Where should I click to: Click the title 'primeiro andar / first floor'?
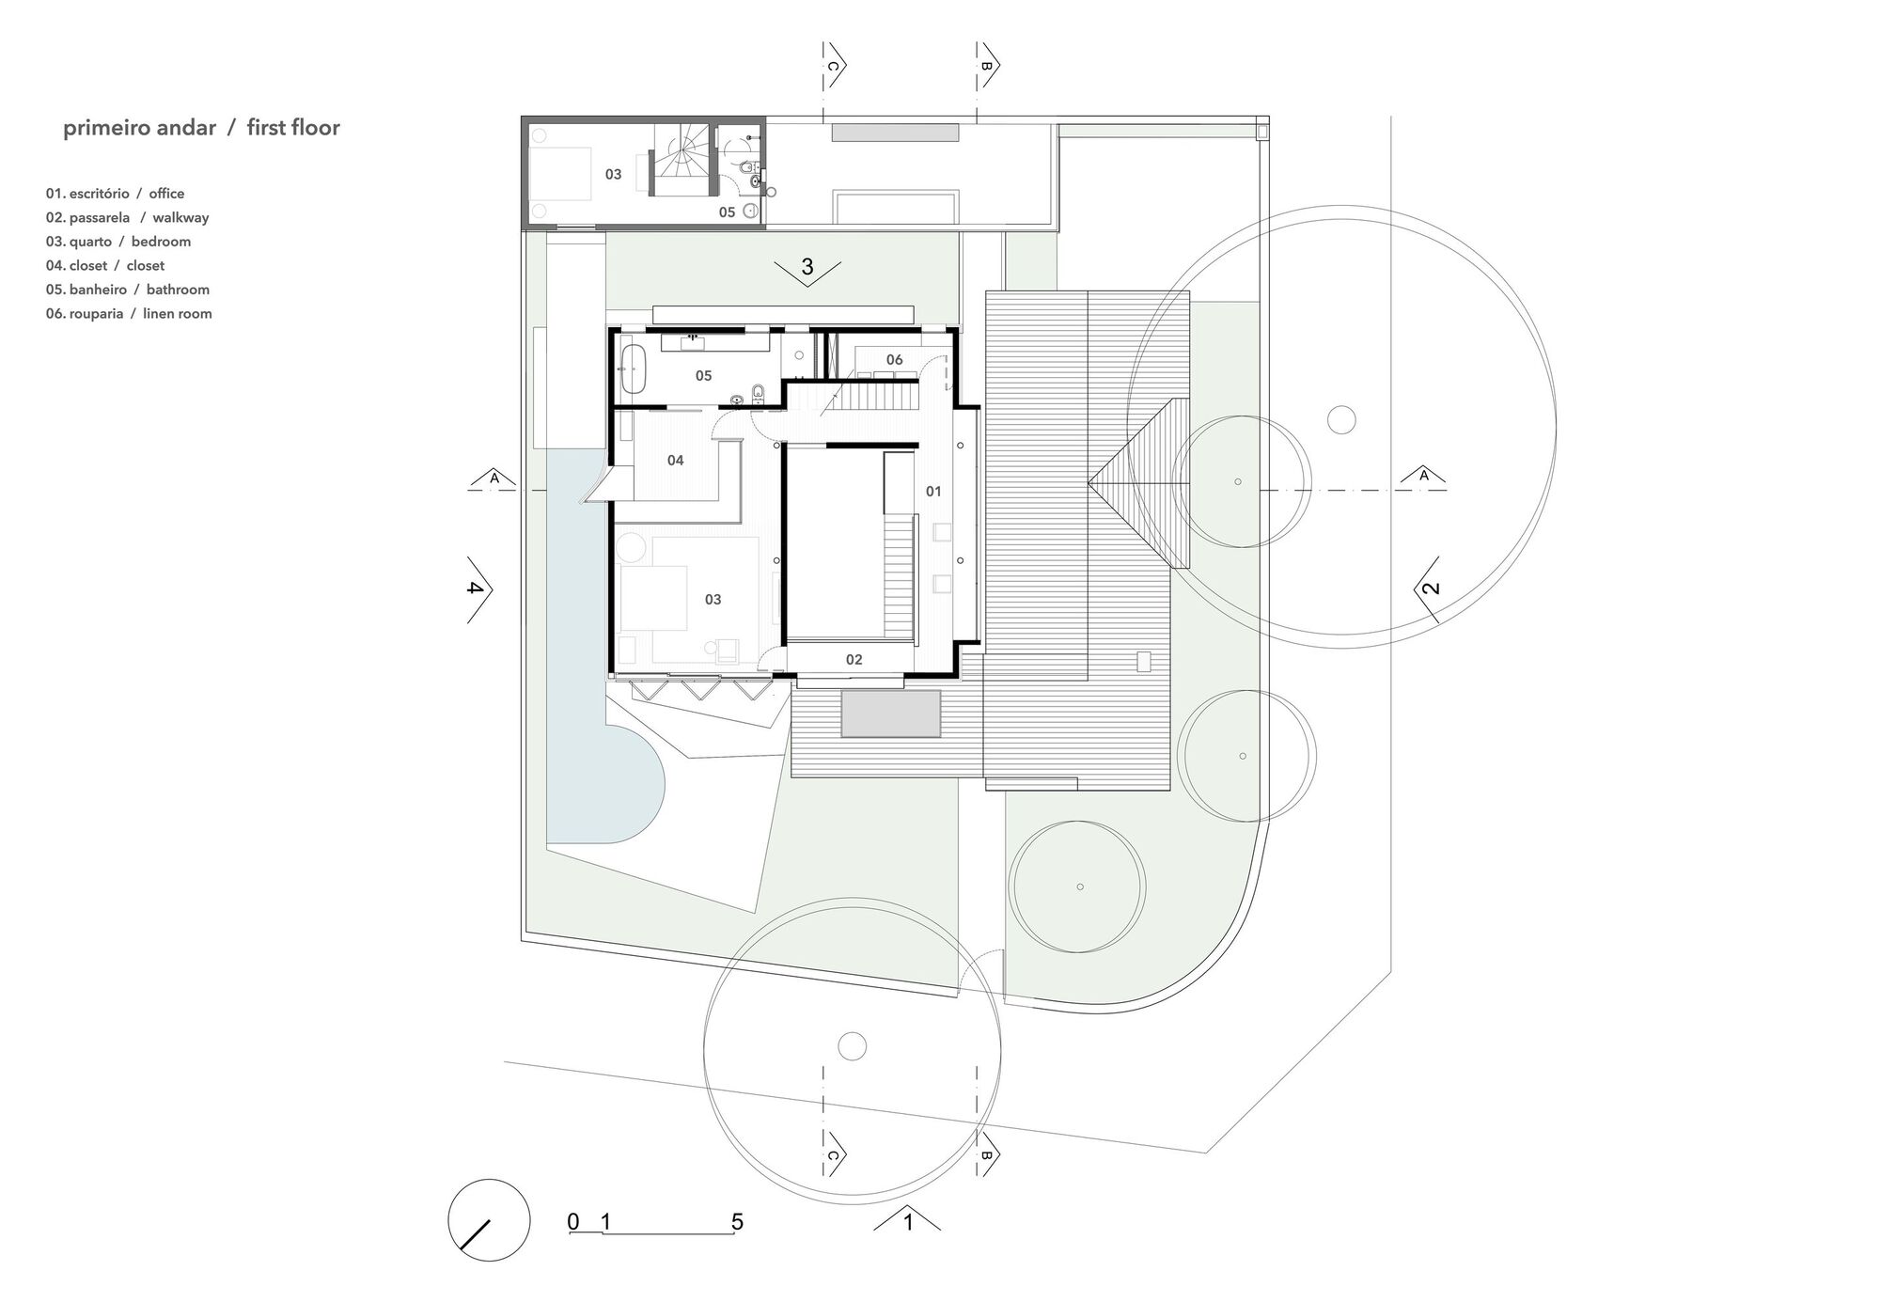click(201, 128)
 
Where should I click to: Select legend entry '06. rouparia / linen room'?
click(129, 314)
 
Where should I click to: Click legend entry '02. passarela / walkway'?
click(127, 217)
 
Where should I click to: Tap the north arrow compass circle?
click(489, 1219)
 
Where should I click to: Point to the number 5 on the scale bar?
click(737, 1222)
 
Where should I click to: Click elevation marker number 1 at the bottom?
click(907, 1222)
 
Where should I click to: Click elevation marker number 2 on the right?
click(1430, 589)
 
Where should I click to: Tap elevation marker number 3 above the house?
click(807, 268)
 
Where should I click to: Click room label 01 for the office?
click(933, 491)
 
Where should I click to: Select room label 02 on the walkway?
click(854, 660)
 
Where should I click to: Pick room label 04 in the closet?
click(675, 460)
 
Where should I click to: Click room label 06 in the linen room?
click(894, 359)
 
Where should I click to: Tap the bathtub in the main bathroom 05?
click(634, 369)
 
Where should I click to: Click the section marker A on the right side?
click(1423, 476)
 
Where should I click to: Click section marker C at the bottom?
click(833, 1156)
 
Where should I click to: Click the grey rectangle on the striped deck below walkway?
click(890, 714)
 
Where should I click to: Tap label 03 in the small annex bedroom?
click(613, 174)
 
